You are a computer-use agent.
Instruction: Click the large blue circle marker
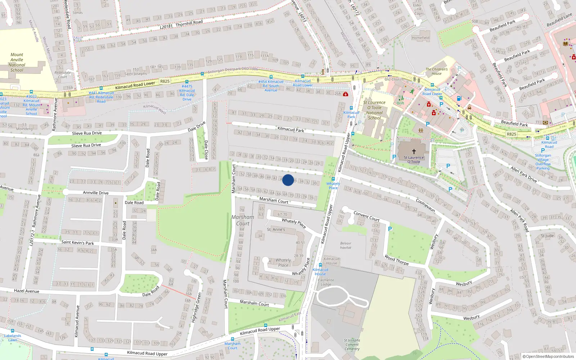coord(288,180)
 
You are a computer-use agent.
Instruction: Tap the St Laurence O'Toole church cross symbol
coord(414,152)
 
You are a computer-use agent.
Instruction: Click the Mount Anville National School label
coord(17,62)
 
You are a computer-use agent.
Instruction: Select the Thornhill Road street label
coord(189,23)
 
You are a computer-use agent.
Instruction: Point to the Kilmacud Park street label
coord(291,129)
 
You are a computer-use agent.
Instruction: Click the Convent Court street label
coord(366,216)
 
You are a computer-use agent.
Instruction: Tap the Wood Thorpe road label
coord(396,260)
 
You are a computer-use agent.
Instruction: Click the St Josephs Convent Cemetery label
coord(352,345)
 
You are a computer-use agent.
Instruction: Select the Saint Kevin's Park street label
coord(77,242)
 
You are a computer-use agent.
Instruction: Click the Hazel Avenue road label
coord(27,291)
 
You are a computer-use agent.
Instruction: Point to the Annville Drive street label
coord(96,193)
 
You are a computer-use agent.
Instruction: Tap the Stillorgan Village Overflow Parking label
coord(543,162)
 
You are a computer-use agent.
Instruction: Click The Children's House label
coord(436,71)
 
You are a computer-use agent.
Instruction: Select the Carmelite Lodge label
coord(326,282)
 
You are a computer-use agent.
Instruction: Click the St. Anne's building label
coord(276,229)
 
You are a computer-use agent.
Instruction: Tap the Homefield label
coord(420,38)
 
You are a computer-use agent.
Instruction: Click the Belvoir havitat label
coord(346,245)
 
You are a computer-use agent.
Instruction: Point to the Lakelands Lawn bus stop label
coord(13,338)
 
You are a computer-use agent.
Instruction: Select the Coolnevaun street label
coord(425,205)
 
